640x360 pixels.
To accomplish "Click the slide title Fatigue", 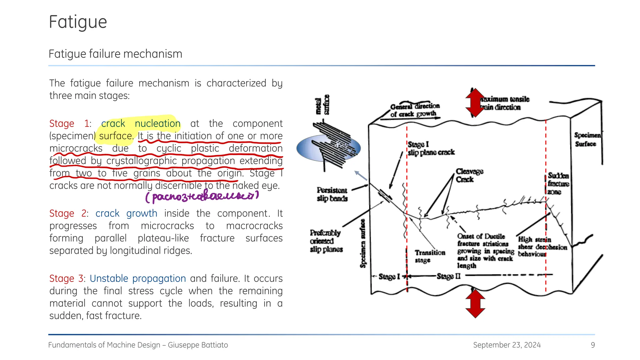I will (x=78, y=22).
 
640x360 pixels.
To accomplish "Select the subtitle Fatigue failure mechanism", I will (x=115, y=54).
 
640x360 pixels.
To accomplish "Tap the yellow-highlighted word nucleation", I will (x=157, y=124).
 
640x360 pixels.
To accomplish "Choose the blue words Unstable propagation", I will (x=138, y=278).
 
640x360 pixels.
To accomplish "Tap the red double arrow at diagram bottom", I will (x=475, y=303).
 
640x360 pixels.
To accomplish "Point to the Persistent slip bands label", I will (x=332, y=194).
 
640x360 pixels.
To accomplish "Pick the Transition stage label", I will (x=429, y=256).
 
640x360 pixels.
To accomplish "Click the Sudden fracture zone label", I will (x=558, y=184).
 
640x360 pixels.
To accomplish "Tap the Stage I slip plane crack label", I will (x=431, y=148).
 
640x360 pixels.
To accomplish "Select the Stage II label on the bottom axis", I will (x=448, y=276).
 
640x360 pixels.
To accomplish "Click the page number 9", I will (x=592, y=345).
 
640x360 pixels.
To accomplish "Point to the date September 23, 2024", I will (x=507, y=345).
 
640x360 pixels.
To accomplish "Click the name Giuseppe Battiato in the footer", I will (x=198, y=345).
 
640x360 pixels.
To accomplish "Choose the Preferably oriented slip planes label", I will (x=326, y=241).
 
